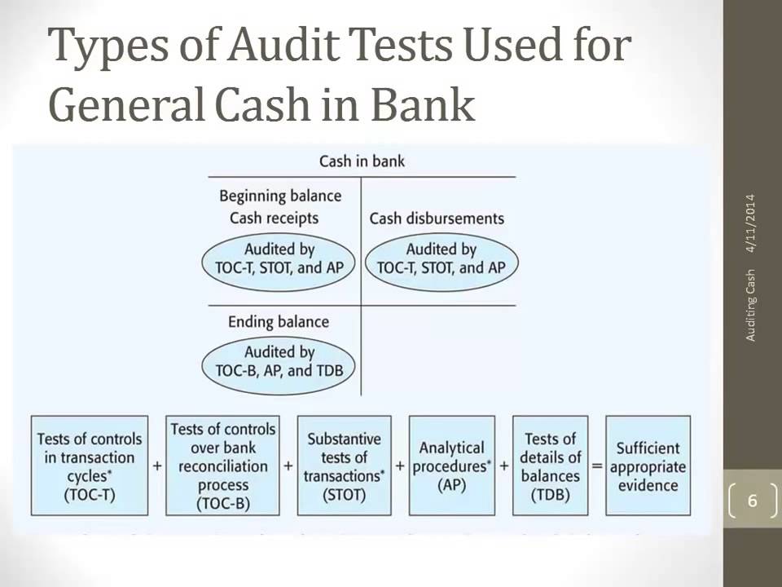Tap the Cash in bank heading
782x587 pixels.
362,161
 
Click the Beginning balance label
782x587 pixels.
280,196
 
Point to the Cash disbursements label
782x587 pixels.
437,218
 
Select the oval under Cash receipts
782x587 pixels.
279,258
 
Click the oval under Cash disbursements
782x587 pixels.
442,258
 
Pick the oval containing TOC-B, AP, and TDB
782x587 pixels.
279,361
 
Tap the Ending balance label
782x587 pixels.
279,321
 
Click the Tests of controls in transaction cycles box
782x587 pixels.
90,466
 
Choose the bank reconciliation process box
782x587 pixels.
222,466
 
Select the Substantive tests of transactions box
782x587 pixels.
344,466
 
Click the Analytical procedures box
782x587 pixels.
451,466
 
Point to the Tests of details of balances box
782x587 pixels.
550,466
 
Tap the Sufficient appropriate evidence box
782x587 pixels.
648,466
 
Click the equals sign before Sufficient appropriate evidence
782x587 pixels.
597,466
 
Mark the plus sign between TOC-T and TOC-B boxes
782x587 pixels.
157,466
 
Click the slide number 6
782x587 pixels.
752,501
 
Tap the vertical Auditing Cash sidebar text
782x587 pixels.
750,305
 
